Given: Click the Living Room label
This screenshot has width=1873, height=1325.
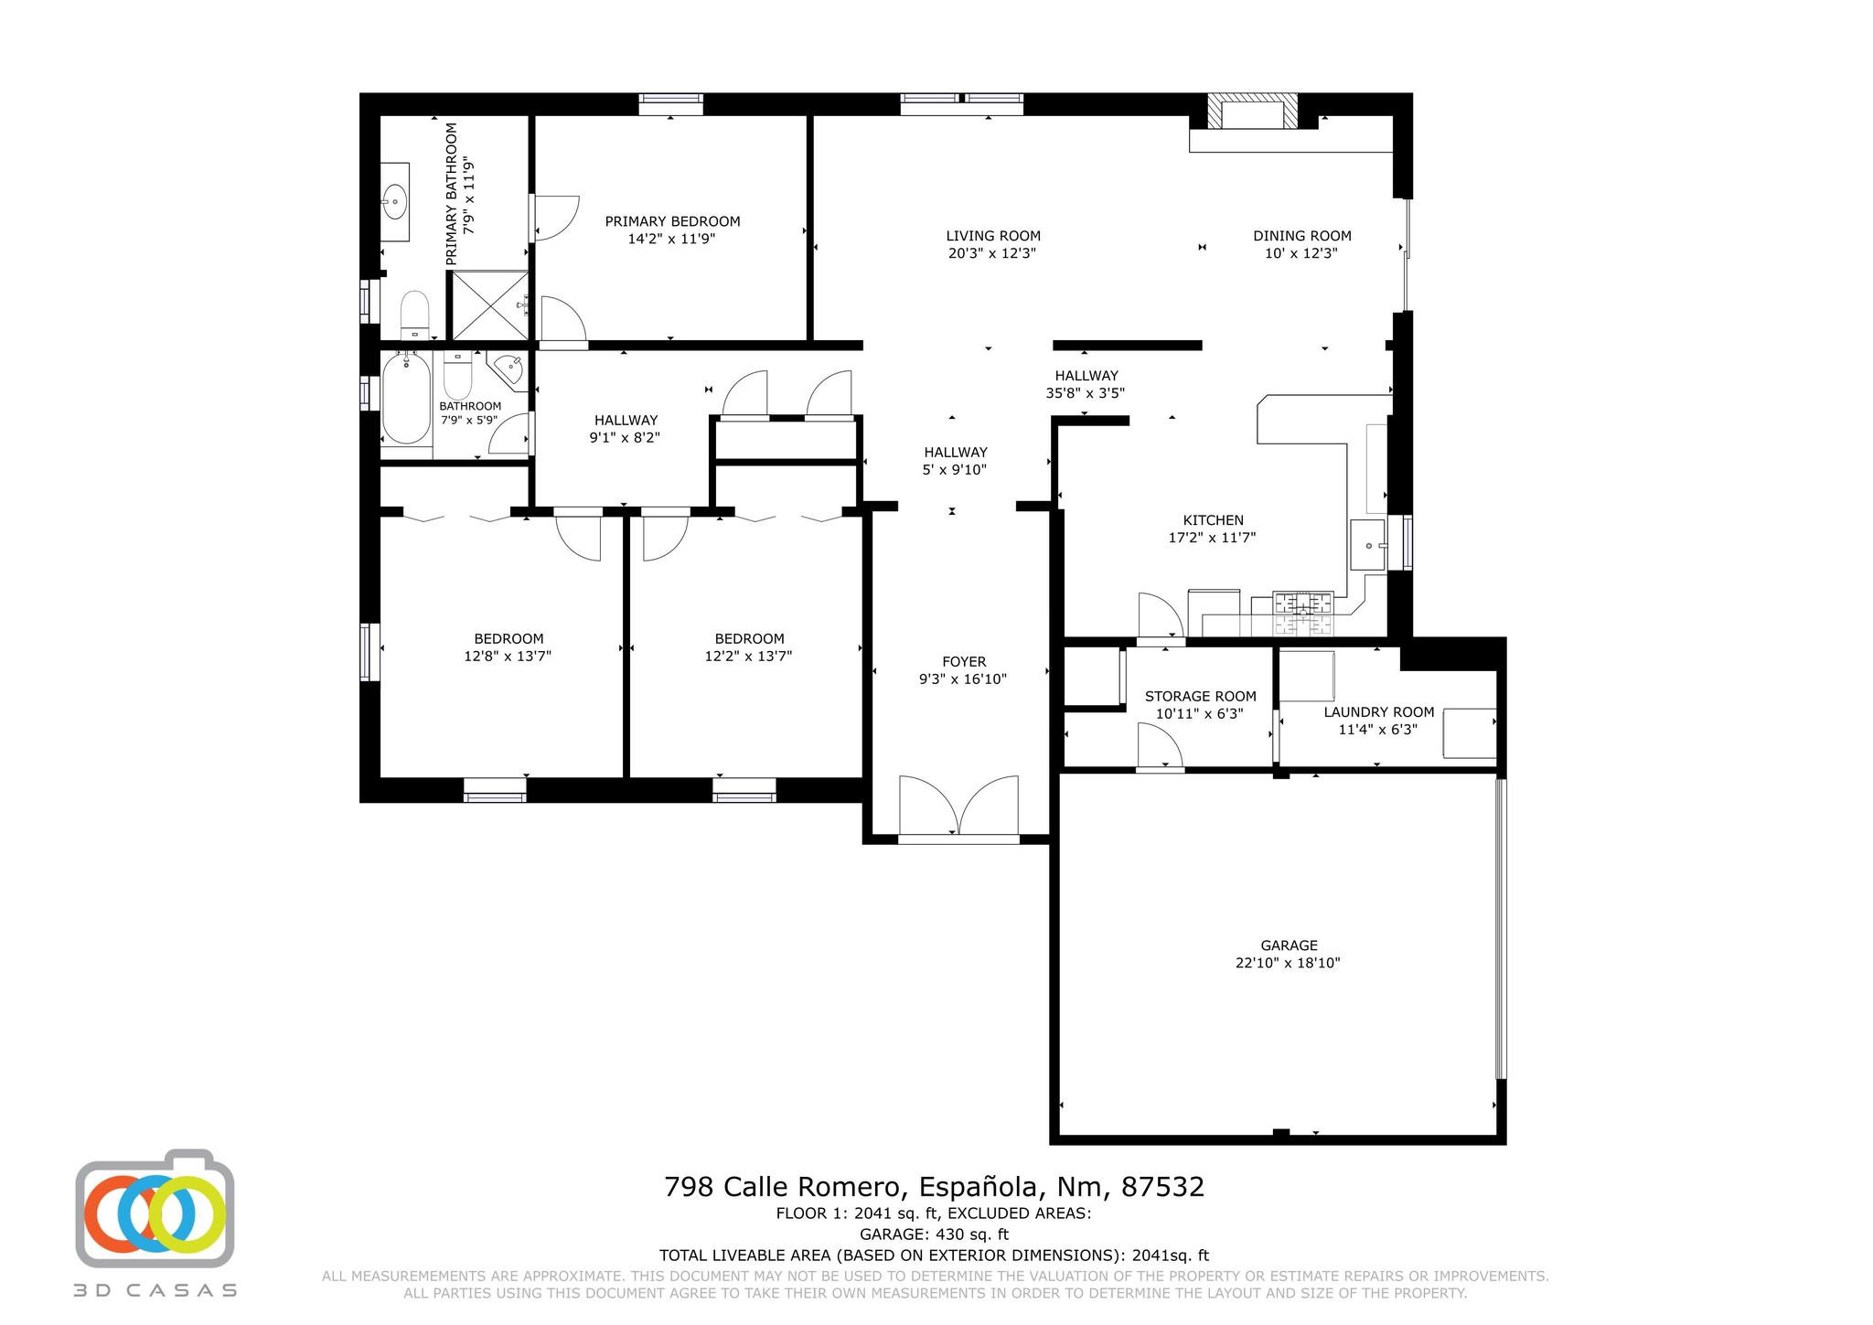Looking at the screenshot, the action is point(993,236).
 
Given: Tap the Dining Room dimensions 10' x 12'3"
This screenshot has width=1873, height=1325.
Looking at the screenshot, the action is point(1301,253).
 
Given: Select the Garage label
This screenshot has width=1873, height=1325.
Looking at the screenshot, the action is point(1289,946).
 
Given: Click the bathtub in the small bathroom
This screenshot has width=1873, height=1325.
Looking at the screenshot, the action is point(405,400).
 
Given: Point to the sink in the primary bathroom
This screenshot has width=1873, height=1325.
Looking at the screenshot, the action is point(396,201).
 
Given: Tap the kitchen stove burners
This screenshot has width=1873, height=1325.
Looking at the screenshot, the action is point(1303,614).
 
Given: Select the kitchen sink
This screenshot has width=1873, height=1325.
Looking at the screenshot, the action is point(1369,545).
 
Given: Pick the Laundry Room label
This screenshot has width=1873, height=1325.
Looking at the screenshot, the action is point(1379,712).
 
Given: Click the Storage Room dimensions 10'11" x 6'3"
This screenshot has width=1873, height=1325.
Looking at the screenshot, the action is point(1200,714).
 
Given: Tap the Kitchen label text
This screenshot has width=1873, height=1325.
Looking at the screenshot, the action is point(1213,520).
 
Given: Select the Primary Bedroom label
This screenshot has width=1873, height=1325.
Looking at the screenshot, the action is point(672,221).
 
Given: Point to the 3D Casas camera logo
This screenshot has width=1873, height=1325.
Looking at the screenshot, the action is point(155,1208).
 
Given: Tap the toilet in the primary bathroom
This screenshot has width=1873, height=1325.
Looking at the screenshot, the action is point(415,315).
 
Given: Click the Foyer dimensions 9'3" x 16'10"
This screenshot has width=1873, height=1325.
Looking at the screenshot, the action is point(963,679).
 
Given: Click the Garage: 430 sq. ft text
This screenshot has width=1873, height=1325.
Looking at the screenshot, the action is point(934,1234).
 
